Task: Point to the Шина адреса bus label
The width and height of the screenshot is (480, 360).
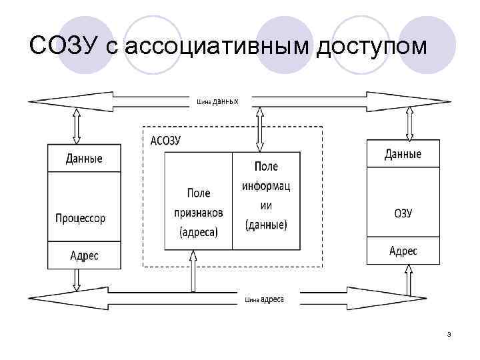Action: click(264, 300)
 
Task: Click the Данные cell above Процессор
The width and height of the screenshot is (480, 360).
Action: click(84, 159)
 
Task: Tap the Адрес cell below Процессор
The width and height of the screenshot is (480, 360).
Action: click(84, 255)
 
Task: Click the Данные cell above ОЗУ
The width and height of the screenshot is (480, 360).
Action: click(403, 154)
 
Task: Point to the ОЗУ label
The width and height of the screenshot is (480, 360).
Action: click(403, 213)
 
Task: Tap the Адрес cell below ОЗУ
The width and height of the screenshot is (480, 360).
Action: click(403, 251)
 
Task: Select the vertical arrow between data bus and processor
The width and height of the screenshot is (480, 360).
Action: click(76, 125)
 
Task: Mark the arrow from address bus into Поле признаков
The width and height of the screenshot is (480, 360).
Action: click(193, 271)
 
